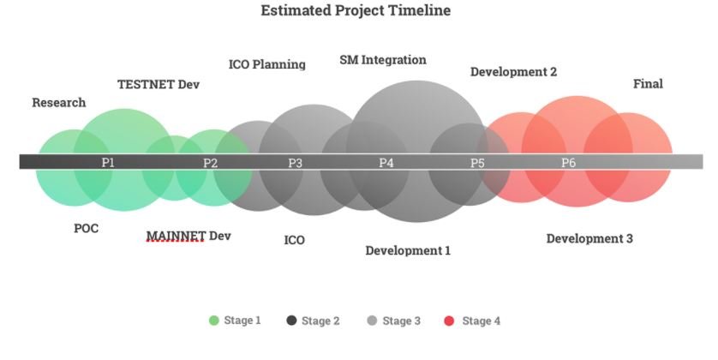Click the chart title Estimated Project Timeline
(x=356, y=10)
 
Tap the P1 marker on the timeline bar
(x=108, y=162)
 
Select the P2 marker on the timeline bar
(x=210, y=163)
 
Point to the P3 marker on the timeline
(x=296, y=163)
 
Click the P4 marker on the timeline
(x=386, y=163)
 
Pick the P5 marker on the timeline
(x=477, y=163)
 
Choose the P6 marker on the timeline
(x=568, y=163)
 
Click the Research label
(x=58, y=103)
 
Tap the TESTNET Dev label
(x=159, y=85)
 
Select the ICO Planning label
(x=267, y=64)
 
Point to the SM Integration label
(x=383, y=61)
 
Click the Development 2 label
(x=514, y=72)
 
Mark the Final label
(x=648, y=84)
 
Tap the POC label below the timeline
(x=86, y=228)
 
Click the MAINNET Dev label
(x=188, y=236)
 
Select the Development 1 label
(x=408, y=250)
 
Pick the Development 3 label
(x=589, y=238)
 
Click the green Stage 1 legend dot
(x=214, y=321)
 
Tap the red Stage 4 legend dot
(x=449, y=321)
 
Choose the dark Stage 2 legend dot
(x=291, y=321)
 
